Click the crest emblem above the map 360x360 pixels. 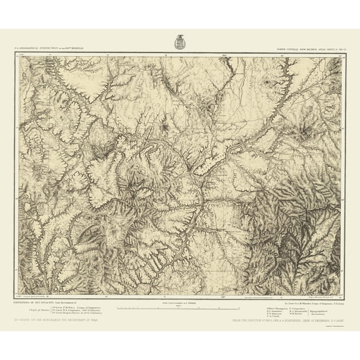click(180, 41)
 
